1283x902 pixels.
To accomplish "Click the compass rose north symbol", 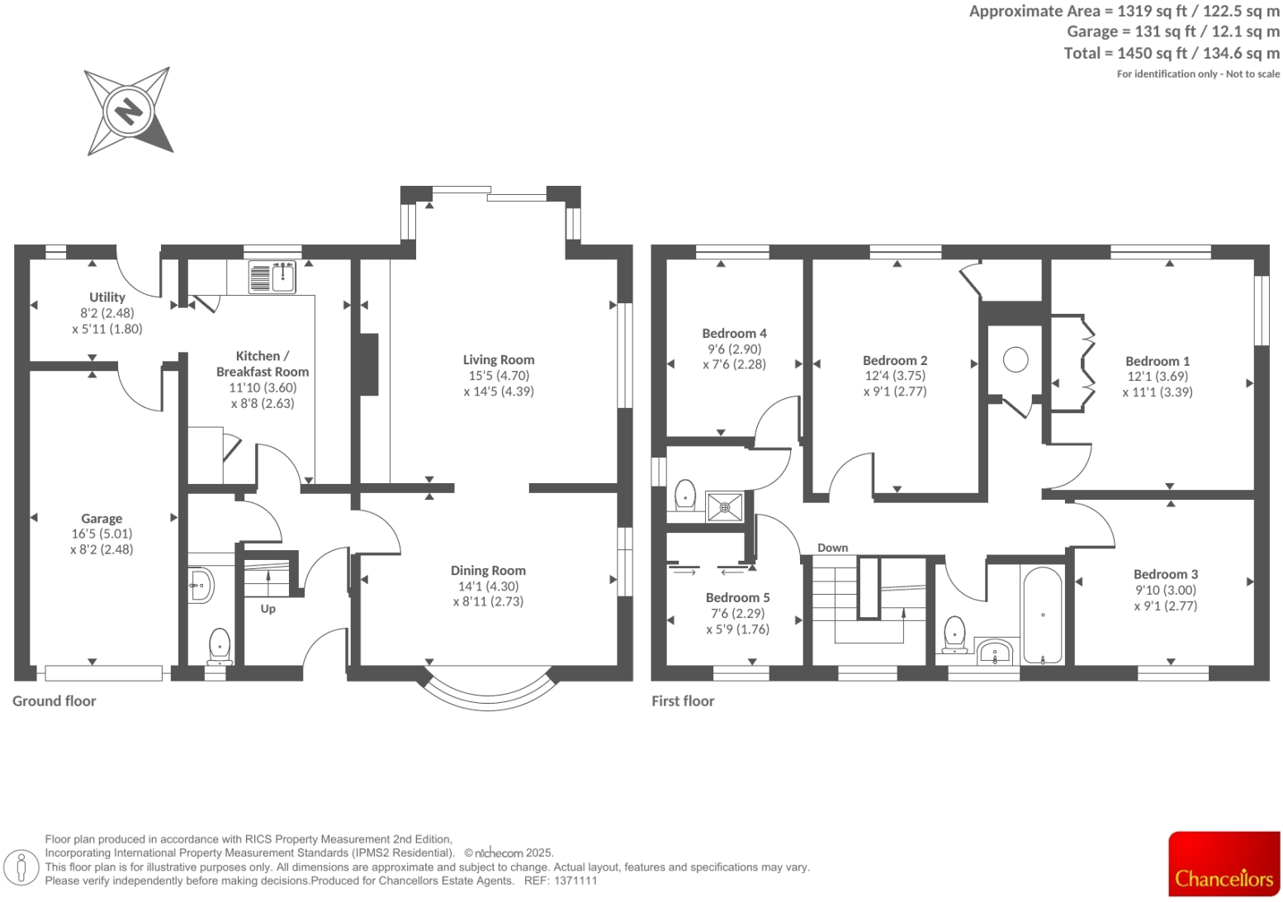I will pos(129,111).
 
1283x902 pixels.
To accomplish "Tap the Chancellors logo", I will pos(1224,864).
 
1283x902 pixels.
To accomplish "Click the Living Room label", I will pos(498,359).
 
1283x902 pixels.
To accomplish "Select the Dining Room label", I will pos(488,570).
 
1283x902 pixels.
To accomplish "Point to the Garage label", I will pos(102,519).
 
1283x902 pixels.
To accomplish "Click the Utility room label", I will pos(107,297).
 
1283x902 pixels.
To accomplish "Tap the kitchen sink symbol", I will pos(272,278).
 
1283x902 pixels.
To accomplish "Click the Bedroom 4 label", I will pos(734,333).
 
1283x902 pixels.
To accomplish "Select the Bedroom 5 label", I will pos(737,597).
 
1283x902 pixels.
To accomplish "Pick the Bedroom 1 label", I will pos(1158,361).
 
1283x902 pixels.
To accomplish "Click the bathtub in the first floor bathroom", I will pos(1043,615).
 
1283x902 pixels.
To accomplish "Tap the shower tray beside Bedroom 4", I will pos(725,507).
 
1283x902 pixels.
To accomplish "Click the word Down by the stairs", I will pos(832,548).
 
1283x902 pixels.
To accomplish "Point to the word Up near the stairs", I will pos(268,609).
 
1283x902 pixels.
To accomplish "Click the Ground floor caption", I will pos(54,700).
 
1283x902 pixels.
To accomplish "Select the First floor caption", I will pos(683,700).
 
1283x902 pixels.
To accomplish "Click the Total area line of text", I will pos(1172,53).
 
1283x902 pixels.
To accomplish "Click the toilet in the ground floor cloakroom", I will pos(219,645).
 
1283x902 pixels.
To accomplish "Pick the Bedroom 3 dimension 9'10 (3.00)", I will pos(1165,590).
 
